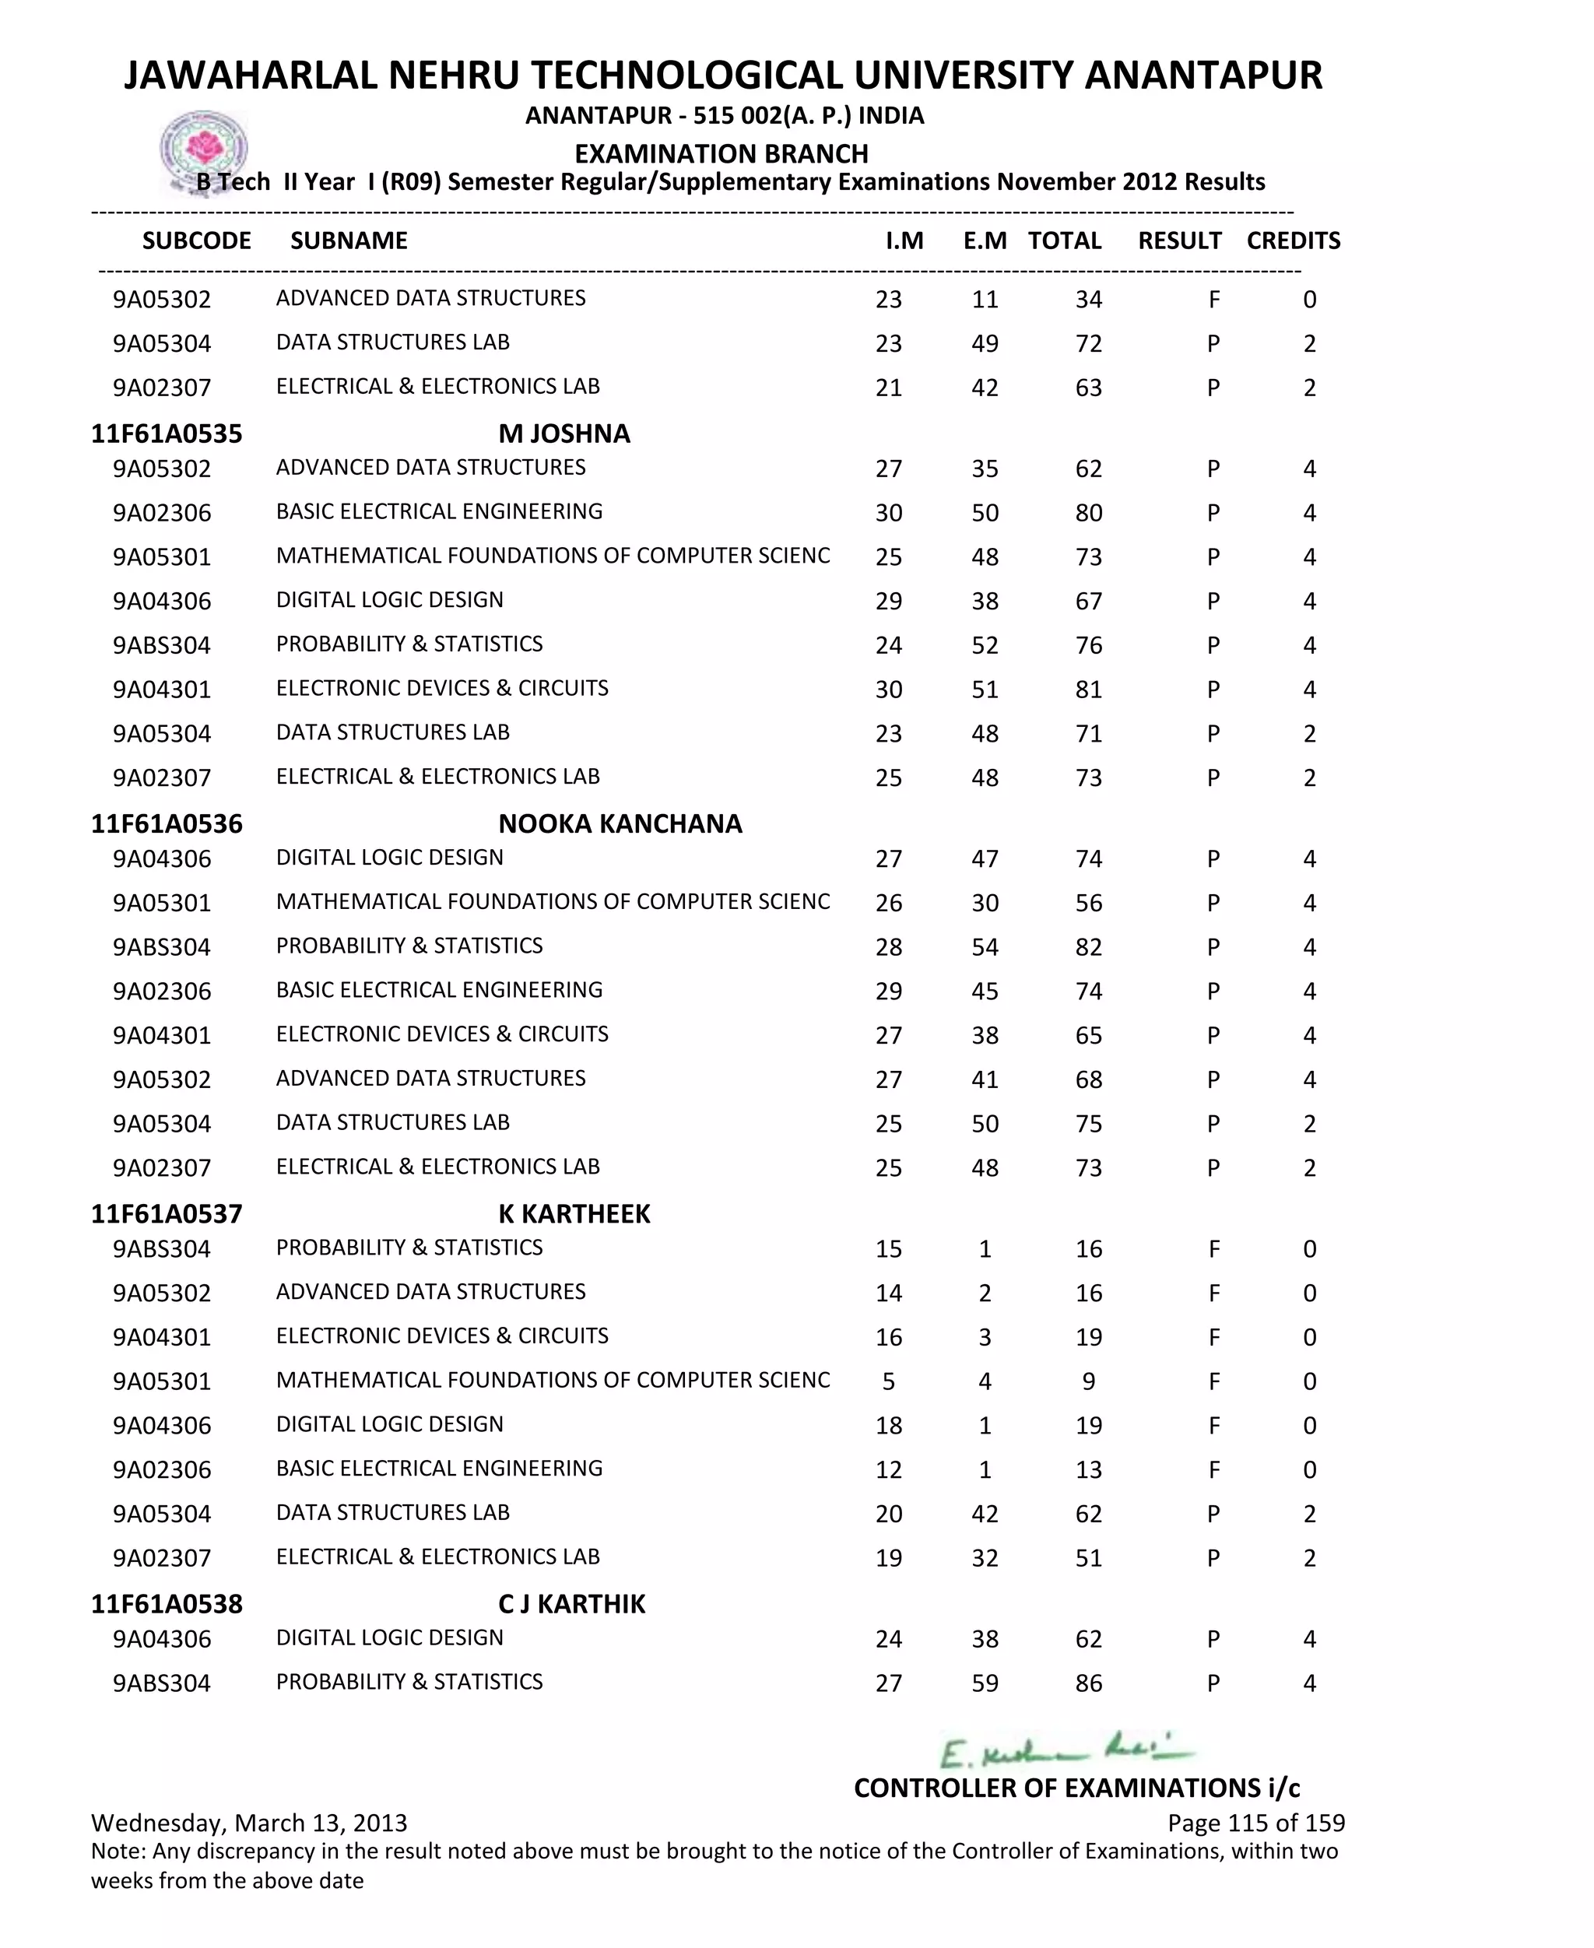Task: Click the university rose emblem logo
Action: (x=204, y=149)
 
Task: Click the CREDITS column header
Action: (x=1293, y=240)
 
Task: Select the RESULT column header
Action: (x=1179, y=240)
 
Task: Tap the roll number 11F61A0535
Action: (x=167, y=433)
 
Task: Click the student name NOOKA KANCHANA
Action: (x=620, y=823)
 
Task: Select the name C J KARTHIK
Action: (x=571, y=1604)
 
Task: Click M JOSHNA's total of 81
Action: (x=1088, y=690)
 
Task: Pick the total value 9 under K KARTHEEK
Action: (x=1088, y=1381)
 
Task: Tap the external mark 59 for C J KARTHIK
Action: (x=985, y=1683)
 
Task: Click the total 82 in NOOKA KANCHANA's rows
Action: (x=1088, y=947)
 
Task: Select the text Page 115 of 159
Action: (x=1255, y=1823)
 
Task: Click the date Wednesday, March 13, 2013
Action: (x=249, y=1823)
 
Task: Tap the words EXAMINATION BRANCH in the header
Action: (x=721, y=153)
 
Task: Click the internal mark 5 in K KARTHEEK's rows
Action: (x=888, y=1381)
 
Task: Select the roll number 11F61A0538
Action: (x=167, y=1604)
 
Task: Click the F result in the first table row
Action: (x=1214, y=300)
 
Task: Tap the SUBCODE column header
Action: (x=196, y=240)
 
